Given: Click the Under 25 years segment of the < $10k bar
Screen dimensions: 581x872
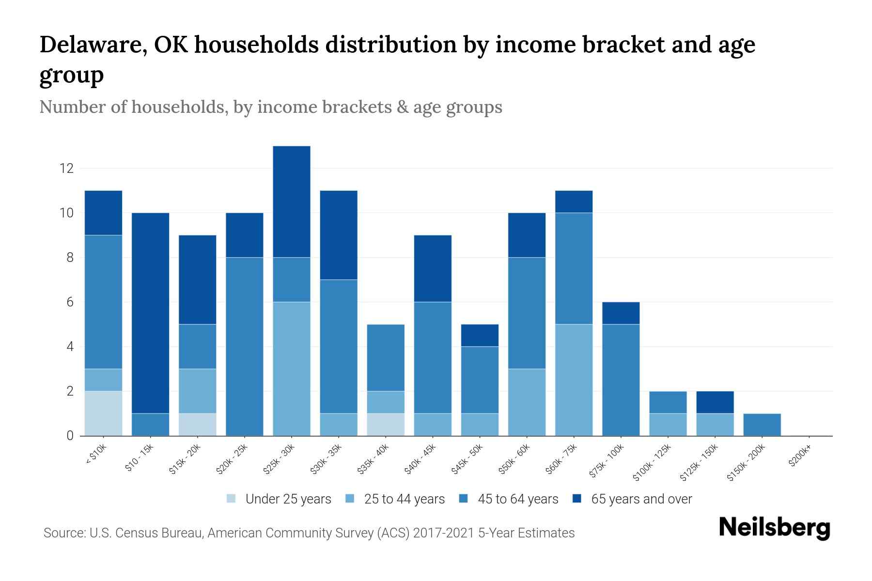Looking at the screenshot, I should pos(103,413).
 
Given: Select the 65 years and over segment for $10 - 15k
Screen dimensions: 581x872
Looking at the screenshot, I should pos(150,313).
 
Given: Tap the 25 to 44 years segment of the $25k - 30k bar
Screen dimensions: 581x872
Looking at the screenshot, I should pos(291,368).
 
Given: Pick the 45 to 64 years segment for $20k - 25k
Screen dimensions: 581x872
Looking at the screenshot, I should pos(244,346).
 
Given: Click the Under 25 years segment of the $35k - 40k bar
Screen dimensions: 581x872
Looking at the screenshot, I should pos(385,424).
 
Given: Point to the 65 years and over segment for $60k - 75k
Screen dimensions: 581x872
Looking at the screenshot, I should pos(574,201).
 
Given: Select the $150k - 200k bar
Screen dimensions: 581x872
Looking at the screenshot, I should pos(762,424).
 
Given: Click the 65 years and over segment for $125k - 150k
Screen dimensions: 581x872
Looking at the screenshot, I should pos(715,402).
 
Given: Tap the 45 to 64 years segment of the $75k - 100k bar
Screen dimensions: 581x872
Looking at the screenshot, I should pos(621,380).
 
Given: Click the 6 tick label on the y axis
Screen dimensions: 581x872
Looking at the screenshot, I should pos(70,302).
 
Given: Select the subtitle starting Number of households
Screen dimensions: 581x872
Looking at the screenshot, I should pos(270,107).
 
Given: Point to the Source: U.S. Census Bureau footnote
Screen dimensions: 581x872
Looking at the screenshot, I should pos(309,533).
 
